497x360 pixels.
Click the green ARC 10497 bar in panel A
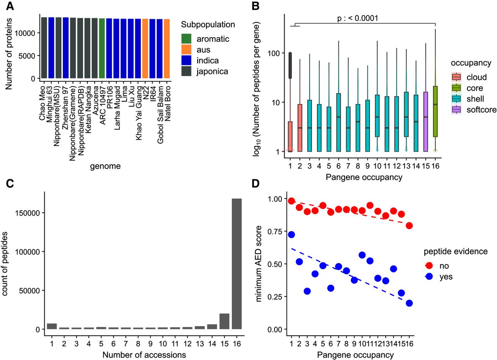click(102, 48)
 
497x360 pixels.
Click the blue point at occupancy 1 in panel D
click(292, 235)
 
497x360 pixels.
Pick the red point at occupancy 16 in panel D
click(409, 225)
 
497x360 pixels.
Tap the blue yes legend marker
click(430, 277)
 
